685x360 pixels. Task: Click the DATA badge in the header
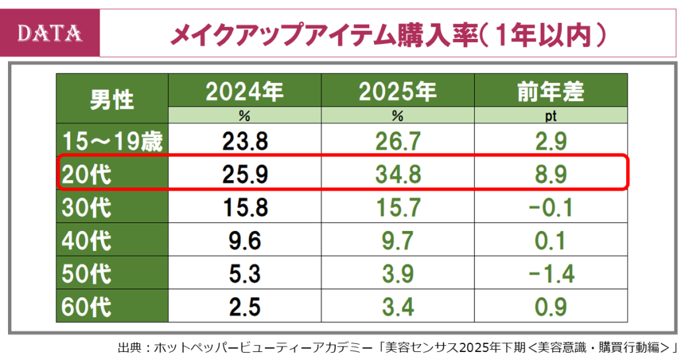coord(51,33)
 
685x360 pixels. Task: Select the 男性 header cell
coord(112,98)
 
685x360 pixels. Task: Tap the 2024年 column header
coord(244,91)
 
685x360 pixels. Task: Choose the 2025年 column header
coord(397,91)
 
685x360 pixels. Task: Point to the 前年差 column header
coord(551,91)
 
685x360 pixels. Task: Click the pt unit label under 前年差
coord(551,116)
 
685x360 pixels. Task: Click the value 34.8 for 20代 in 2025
coord(397,174)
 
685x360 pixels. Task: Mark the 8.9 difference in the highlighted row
coord(551,174)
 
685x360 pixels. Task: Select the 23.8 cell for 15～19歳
coord(244,141)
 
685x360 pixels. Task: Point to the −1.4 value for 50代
coord(551,274)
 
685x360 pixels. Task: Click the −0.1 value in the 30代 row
coord(551,207)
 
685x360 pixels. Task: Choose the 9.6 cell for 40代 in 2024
coord(244,240)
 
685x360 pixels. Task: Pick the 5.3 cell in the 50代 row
coord(244,274)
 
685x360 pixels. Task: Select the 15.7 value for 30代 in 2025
coord(397,207)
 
